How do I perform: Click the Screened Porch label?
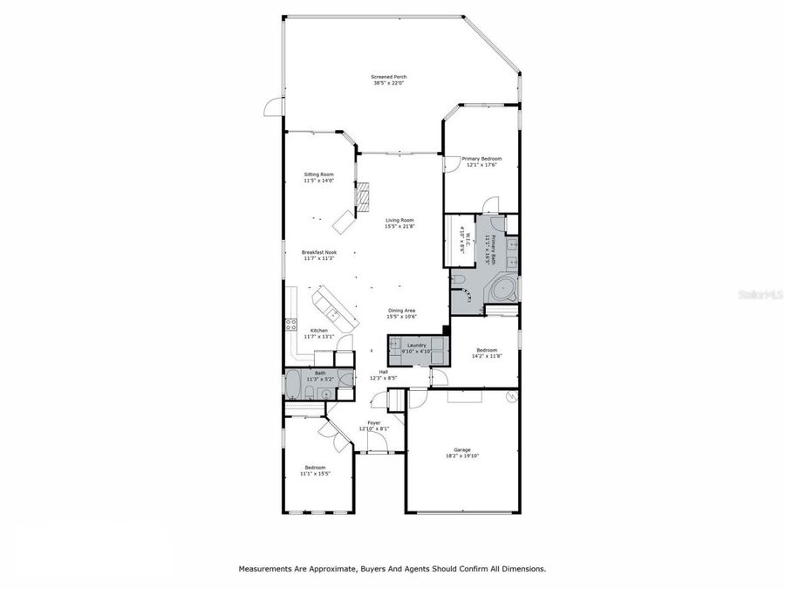[x=390, y=77]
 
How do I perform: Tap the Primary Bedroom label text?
[x=481, y=159]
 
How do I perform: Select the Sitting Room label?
[x=318, y=174]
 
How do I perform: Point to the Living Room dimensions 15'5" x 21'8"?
[x=399, y=226]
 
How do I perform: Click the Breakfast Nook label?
[x=318, y=252]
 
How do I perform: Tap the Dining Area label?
[x=401, y=310]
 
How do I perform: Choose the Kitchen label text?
[x=318, y=330]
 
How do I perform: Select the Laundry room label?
[x=417, y=345]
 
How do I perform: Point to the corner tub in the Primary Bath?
[x=502, y=290]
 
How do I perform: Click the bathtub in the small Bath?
[x=294, y=384]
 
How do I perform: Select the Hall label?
[x=383, y=372]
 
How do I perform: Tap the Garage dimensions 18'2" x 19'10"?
[x=461, y=455]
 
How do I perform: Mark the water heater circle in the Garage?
[x=512, y=397]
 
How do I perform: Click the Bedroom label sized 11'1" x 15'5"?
[x=315, y=467]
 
